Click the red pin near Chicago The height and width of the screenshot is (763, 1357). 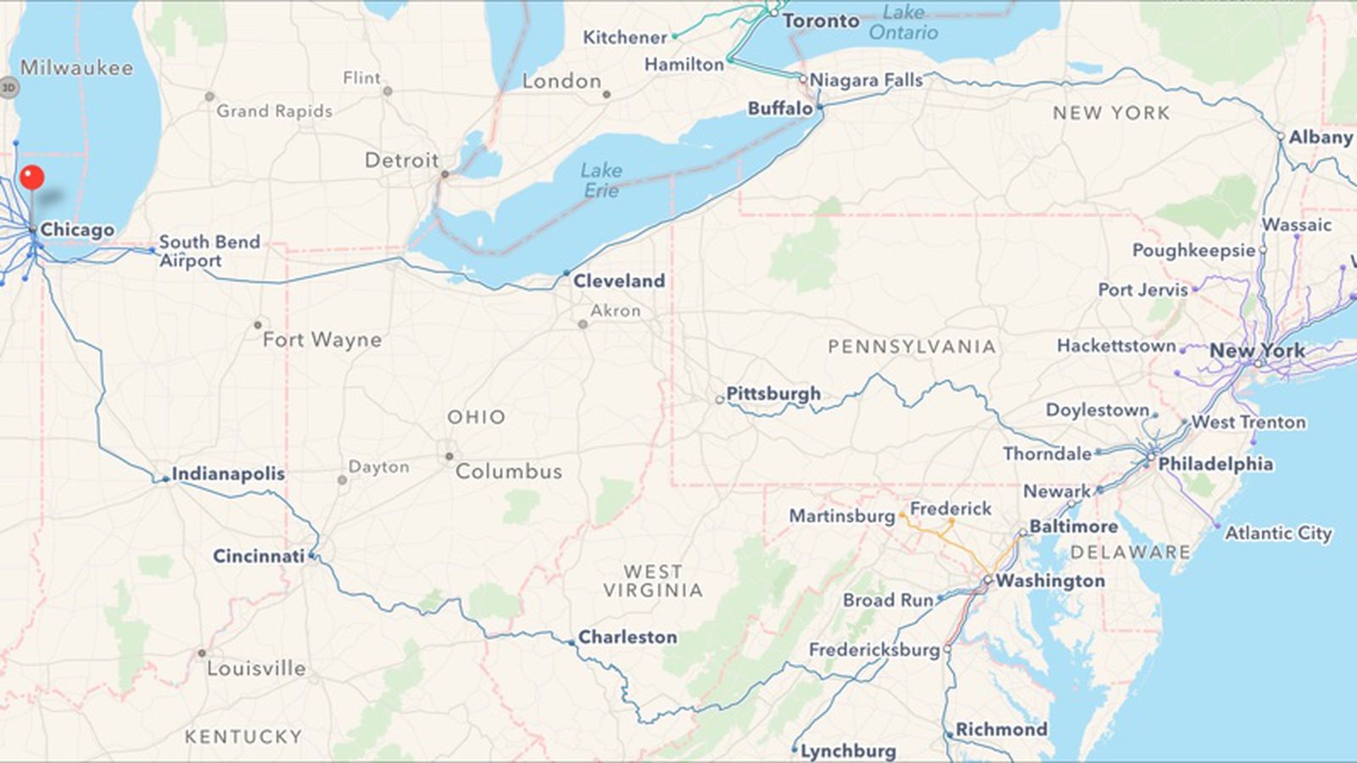pos(32,177)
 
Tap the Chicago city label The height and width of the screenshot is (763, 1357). pos(77,230)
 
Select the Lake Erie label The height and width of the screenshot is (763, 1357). pos(601,181)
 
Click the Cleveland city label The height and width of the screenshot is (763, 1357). pos(619,281)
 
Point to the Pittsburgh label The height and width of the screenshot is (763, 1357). pos(773,393)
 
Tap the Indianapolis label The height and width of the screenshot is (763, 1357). pos(228,474)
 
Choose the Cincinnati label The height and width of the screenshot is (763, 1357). pos(259,556)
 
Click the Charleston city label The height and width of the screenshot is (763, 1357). pos(628,637)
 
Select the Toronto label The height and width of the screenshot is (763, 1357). pos(821,20)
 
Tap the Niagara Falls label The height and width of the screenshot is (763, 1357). pos(866,81)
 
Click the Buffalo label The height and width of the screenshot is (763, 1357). pos(780,109)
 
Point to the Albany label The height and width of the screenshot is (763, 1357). pos(1321,137)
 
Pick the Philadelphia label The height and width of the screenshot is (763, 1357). pos(1215,464)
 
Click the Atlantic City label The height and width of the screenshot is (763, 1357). pos(1278,533)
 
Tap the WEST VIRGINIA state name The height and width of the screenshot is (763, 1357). pos(653,582)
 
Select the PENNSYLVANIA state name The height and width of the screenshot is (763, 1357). pos(912,347)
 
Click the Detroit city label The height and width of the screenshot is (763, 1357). pos(402,160)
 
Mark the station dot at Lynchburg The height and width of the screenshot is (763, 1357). pos(795,749)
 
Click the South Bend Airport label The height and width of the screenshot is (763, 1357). pos(209,251)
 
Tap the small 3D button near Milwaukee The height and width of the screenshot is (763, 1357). pos(8,86)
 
